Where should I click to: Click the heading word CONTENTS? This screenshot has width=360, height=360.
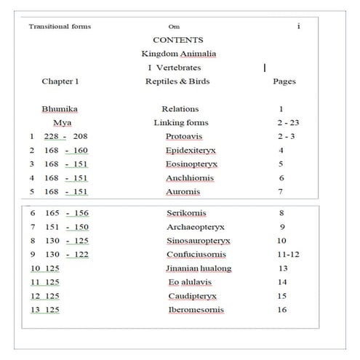(x=178, y=40)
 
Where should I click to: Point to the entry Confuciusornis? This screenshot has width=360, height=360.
(x=195, y=255)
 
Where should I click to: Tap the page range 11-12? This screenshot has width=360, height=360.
(x=289, y=255)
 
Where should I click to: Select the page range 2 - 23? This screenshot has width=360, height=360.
(x=289, y=122)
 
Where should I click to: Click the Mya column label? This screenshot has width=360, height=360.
(x=63, y=122)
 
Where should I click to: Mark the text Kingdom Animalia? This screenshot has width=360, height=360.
(x=178, y=54)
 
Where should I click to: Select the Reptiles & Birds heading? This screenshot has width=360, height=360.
(x=177, y=81)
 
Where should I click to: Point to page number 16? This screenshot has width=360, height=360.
(x=282, y=310)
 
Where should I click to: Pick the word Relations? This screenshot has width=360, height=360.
(x=180, y=109)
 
